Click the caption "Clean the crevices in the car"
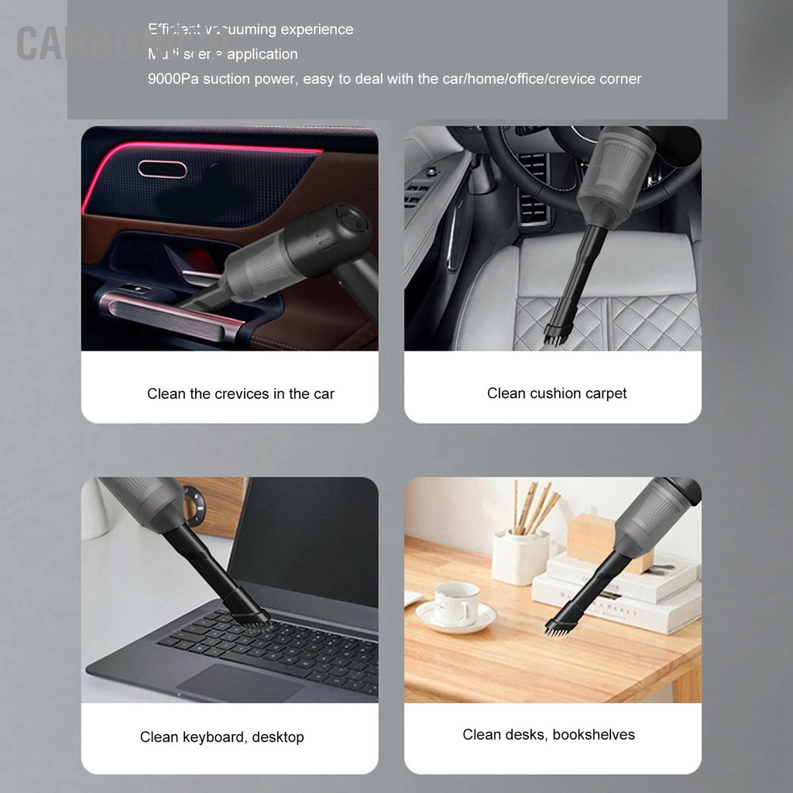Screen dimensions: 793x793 tap(240, 394)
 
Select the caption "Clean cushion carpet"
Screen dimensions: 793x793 tap(556, 393)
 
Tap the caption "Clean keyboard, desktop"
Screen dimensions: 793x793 tap(221, 737)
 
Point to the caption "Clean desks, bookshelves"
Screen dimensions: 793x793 tap(548, 735)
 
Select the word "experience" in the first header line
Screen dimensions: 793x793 tap(317, 29)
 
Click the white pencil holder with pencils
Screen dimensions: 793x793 tap(520, 554)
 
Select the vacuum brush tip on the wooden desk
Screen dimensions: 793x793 tap(558, 626)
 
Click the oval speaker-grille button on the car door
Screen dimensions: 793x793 tap(162, 169)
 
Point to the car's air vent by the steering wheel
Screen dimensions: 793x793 tap(533, 186)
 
